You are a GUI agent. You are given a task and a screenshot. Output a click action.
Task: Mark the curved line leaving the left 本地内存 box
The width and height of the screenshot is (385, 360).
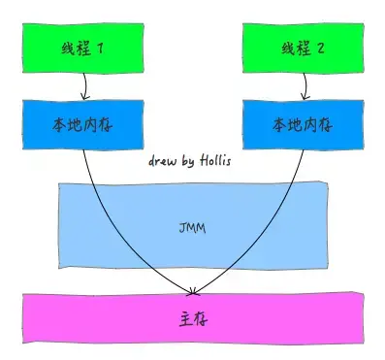116,223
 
